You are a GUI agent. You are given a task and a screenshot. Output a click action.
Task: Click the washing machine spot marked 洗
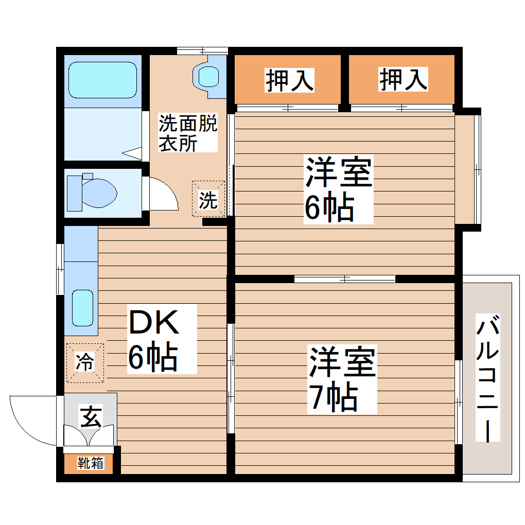[x=208, y=199]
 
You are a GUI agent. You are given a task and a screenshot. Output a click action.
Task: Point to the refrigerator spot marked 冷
[x=84, y=363]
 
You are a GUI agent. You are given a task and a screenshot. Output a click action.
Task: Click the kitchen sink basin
[x=82, y=307]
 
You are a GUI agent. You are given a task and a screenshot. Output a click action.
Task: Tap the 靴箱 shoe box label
[x=91, y=463]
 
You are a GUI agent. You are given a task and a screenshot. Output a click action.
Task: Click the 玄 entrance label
[x=91, y=415]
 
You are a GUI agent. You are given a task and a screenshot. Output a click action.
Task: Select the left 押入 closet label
[x=289, y=80]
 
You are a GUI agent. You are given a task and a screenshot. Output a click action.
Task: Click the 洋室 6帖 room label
[x=338, y=189]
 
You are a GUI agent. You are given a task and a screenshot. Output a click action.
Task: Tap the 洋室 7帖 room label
[x=341, y=379]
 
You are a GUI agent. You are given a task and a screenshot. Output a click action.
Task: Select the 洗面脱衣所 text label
[x=187, y=132]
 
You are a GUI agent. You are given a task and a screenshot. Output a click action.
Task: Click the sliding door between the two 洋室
[x=345, y=278]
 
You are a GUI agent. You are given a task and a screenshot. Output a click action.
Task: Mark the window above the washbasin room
[x=202, y=50]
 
